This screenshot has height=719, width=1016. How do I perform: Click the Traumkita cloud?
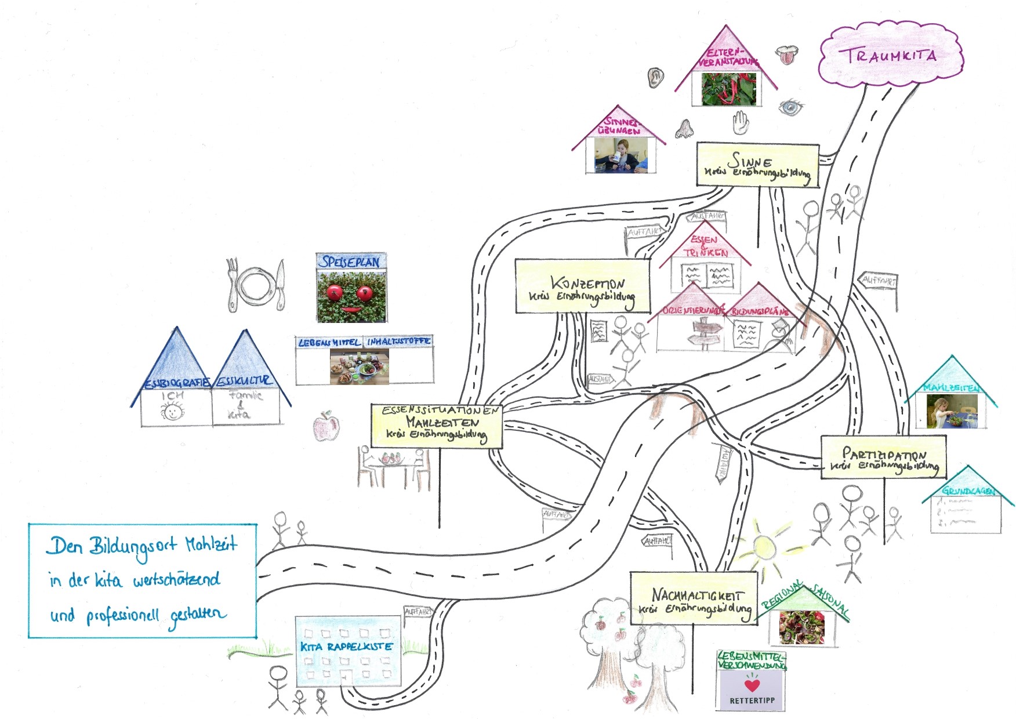click(890, 56)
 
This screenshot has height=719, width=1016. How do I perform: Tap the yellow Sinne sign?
click(757, 165)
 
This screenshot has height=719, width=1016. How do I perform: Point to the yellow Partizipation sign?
click(883, 457)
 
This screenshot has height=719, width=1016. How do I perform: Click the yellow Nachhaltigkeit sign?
click(694, 598)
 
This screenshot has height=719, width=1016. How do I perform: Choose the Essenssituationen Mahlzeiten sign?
click(437, 426)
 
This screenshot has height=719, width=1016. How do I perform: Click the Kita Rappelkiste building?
click(347, 651)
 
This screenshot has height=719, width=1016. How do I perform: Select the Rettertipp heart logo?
click(752, 685)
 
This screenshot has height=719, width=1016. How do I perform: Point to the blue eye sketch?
click(791, 107)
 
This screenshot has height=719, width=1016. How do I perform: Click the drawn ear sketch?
click(655, 77)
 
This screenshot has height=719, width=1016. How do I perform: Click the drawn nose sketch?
click(685, 129)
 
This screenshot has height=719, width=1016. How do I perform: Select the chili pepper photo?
click(727, 89)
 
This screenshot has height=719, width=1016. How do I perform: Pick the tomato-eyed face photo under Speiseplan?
click(351, 296)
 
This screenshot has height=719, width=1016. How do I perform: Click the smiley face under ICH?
click(172, 412)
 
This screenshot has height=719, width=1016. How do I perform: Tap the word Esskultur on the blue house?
click(243, 381)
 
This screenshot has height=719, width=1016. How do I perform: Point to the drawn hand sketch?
click(741, 122)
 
